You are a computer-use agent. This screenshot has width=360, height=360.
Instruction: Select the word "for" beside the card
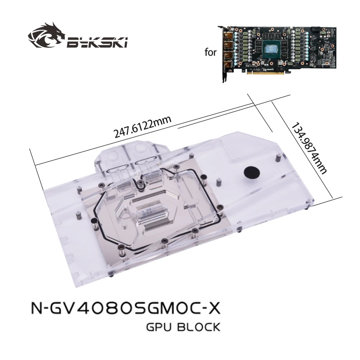210,53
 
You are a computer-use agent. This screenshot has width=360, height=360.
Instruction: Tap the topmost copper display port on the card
227,34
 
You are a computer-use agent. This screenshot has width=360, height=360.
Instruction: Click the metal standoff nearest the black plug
279,157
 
